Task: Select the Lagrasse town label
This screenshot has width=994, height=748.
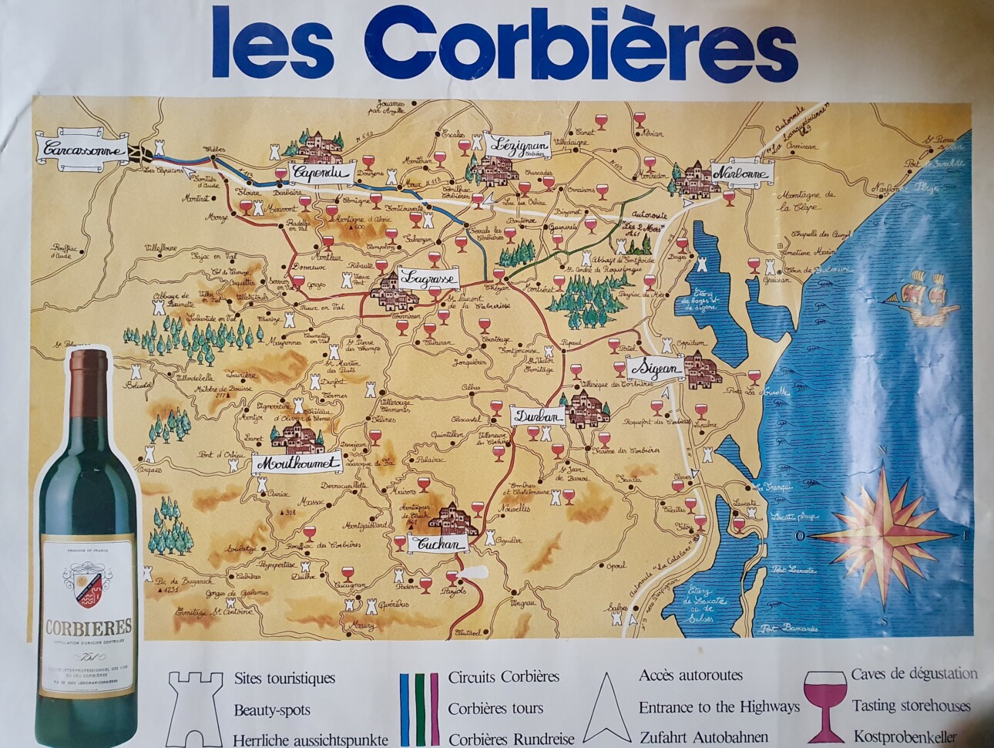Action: (x=429, y=277)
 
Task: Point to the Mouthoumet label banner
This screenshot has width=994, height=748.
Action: (x=297, y=463)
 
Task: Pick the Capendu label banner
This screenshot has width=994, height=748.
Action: (x=321, y=173)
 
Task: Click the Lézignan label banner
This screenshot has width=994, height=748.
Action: (x=519, y=144)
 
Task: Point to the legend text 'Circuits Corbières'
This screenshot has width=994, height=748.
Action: (x=503, y=677)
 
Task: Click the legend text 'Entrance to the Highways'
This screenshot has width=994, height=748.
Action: (x=719, y=706)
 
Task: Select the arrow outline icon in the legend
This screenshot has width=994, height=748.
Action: (x=606, y=706)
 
